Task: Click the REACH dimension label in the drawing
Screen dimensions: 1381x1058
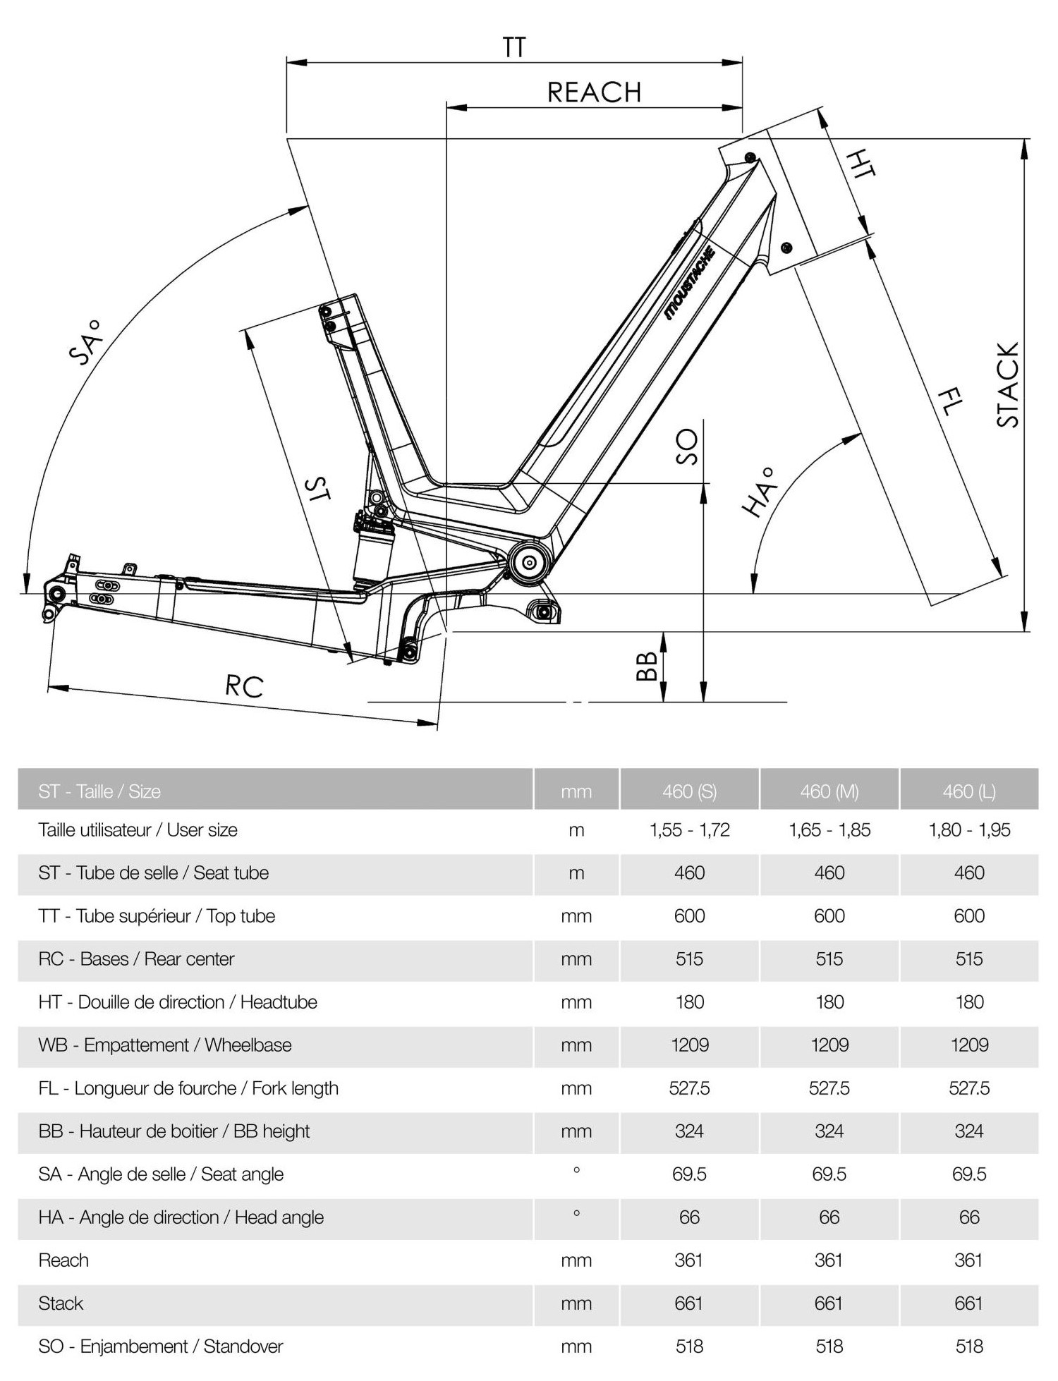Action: pyautogui.click(x=594, y=92)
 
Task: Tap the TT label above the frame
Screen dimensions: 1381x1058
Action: pyautogui.click(x=514, y=47)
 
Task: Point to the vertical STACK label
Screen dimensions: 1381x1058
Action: pyautogui.click(x=1008, y=385)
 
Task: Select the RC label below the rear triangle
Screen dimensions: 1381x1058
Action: pyautogui.click(x=244, y=686)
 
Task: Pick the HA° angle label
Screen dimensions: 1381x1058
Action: pyautogui.click(x=759, y=492)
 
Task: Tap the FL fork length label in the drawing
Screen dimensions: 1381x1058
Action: pyautogui.click(x=950, y=402)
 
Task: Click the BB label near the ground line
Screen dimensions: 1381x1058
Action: pyautogui.click(x=647, y=666)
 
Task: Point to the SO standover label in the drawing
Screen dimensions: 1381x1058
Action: pyautogui.click(x=686, y=447)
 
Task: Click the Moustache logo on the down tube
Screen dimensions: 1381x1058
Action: pyautogui.click(x=691, y=284)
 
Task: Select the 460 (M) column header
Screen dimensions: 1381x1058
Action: pyautogui.click(x=829, y=791)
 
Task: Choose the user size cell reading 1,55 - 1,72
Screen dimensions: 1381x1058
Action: pyautogui.click(x=689, y=830)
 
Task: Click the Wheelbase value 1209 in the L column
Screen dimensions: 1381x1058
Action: pyautogui.click(x=969, y=1045)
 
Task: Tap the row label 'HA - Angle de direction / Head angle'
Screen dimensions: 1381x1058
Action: pyautogui.click(x=181, y=1217)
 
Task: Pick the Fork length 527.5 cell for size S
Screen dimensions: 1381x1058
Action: pyautogui.click(x=689, y=1088)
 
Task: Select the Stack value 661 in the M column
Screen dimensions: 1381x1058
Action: pyautogui.click(x=829, y=1303)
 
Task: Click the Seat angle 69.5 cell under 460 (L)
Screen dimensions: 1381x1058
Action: pyautogui.click(x=969, y=1174)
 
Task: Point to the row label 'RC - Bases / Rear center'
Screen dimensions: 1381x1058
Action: pyautogui.click(x=136, y=959)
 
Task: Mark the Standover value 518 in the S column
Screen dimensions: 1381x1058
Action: pyautogui.click(x=689, y=1346)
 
